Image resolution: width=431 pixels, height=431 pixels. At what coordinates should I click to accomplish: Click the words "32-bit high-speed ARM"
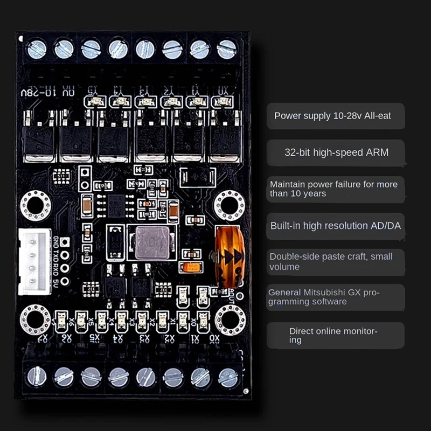click(x=336, y=152)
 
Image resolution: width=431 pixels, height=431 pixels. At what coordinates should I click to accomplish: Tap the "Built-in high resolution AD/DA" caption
click(x=336, y=226)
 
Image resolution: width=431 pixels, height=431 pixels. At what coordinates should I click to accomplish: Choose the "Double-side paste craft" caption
click(x=331, y=256)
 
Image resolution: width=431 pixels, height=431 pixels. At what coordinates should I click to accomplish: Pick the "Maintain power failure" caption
click(x=333, y=185)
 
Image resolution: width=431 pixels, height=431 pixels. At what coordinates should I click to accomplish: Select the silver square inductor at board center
click(x=151, y=242)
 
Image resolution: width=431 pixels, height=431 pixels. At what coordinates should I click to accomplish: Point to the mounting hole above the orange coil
click(x=230, y=205)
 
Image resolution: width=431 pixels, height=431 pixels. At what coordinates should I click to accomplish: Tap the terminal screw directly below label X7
click(x=37, y=376)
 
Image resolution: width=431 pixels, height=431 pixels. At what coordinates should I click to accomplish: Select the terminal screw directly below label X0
click(x=228, y=377)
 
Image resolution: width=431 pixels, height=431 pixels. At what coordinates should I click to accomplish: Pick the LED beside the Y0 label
click(x=221, y=102)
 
